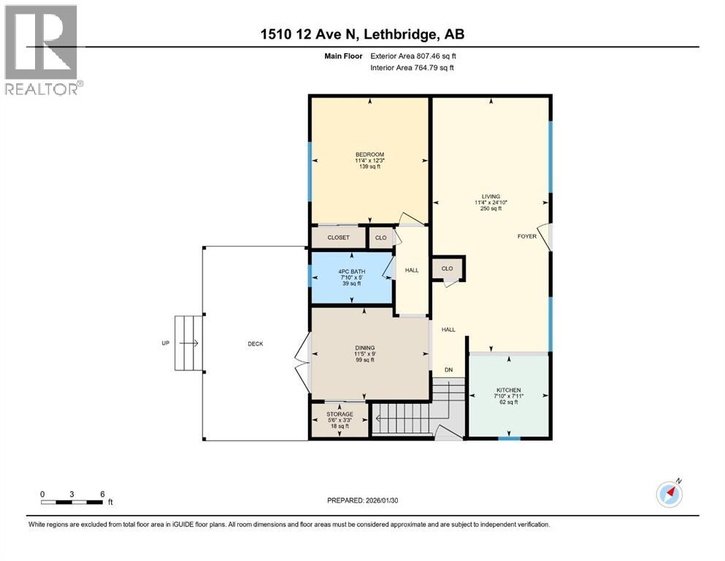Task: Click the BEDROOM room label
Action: click(x=369, y=154)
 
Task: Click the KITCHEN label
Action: click(x=507, y=390)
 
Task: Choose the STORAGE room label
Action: click(x=340, y=414)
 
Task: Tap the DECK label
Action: click(x=255, y=343)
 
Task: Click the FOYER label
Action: click(x=526, y=237)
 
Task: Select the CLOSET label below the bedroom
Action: click(x=338, y=237)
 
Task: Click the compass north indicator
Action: click(x=670, y=494)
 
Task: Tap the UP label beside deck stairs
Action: click(x=166, y=343)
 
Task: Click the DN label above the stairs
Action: click(x=448, y=370)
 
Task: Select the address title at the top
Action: click(x=362, y=34)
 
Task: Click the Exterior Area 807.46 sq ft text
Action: click(x=414, y=56)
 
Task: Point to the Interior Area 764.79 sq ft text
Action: click(x=413, y=68)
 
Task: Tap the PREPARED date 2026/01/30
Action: click(x=362, y=500)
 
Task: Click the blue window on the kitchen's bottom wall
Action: click(x=509, y=438)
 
